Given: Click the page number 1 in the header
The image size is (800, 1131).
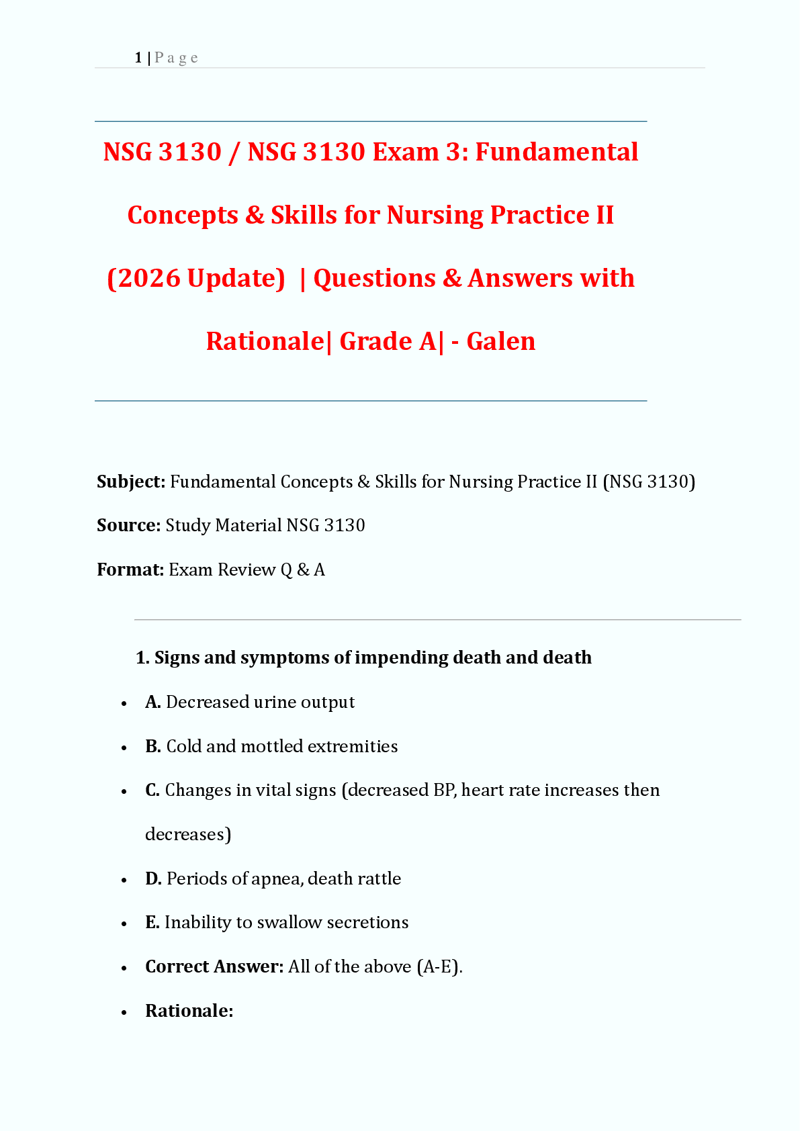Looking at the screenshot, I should click(138, 58).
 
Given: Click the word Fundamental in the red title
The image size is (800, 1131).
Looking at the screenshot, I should click(557, 152).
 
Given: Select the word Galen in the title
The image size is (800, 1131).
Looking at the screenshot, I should click(501, 341).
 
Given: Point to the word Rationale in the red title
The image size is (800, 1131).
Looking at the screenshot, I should click(265, 341).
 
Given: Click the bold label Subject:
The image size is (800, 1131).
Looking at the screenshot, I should click(131, 482).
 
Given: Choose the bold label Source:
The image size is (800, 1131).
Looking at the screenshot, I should click(128, 525).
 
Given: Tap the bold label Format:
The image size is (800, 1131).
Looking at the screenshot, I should click(130, 570).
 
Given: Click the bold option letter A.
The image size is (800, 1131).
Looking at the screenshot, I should click(152, 702).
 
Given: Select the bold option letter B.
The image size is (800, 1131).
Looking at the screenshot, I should click(152, 746).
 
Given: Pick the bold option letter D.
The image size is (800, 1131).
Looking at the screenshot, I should click(153, 878).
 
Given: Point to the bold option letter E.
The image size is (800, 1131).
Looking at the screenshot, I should click(152, 922).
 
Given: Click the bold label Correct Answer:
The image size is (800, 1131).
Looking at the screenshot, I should click(214, 966).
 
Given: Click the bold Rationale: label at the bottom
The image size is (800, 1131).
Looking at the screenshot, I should click(189, 1011).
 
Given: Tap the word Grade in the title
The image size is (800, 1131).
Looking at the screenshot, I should click(376, 341).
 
